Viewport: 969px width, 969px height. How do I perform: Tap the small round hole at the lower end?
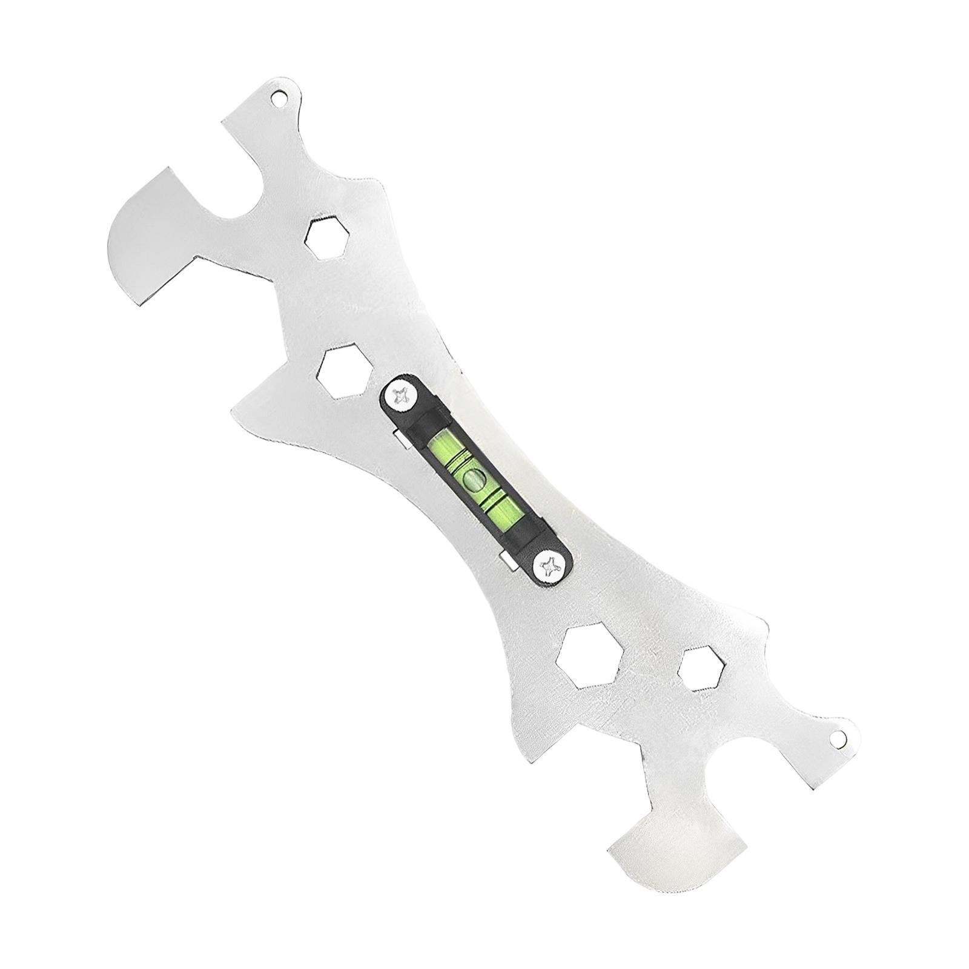pyautogui.click(x=838, y=738)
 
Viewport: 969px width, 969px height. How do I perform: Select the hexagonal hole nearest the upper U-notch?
pyautogui.click(x=328, y=239)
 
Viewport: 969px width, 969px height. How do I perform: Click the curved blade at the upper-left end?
pyautogui.click(x=148, y=239)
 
